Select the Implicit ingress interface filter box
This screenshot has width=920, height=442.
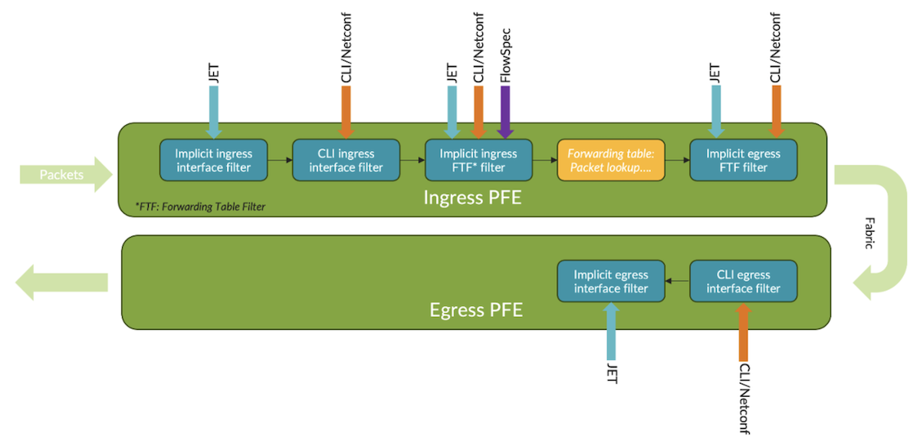pos(214,160)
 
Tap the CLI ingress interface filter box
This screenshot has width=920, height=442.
pos(347,160)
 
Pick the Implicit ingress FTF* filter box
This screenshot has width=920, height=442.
pos(478,160)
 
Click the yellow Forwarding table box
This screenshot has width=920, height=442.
pos(611,160)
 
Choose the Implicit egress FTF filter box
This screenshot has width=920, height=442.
pos(744,160)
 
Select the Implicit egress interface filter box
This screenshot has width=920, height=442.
pos(611,281)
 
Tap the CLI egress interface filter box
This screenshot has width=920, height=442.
pos(744,281)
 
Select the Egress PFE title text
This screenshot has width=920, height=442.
pos(476,310)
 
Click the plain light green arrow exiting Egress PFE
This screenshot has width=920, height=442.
pos(61,282)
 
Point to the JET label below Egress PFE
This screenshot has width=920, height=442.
pos(612,372)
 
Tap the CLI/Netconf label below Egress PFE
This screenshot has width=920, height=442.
pos(744,397)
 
